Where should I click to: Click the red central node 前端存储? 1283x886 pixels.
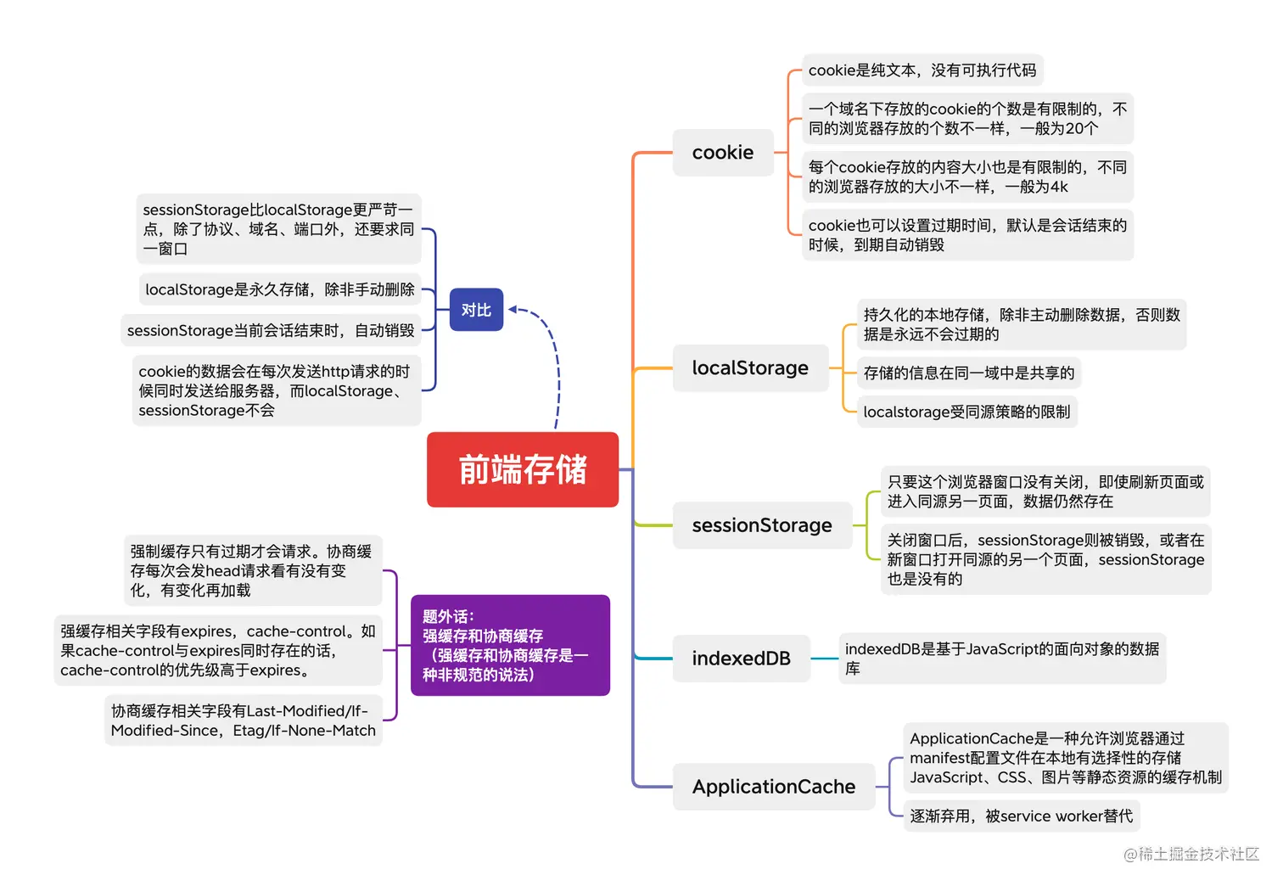523,469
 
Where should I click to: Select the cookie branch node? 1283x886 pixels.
723,153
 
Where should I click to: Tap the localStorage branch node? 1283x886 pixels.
750,368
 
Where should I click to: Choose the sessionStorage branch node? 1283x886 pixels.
762,525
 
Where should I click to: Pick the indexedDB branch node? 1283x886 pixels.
741,659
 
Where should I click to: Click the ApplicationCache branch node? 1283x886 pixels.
773,787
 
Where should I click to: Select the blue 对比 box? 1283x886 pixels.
476,310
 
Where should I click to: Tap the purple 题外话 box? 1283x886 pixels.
510,645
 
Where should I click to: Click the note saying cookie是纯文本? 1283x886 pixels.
922,70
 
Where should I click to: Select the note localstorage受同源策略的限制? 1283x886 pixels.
966,412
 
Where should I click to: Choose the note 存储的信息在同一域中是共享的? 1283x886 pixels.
969,373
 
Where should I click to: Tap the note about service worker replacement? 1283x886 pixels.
1021,816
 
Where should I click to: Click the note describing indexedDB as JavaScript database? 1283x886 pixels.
1001,659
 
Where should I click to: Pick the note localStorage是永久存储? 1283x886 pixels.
280,289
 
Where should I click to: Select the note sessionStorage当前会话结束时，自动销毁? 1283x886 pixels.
271,330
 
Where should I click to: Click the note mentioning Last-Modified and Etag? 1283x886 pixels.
244,721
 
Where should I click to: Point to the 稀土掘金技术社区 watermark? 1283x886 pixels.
1191,854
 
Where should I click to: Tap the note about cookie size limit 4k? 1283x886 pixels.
967,177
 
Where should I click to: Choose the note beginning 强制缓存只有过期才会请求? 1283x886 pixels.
251,570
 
